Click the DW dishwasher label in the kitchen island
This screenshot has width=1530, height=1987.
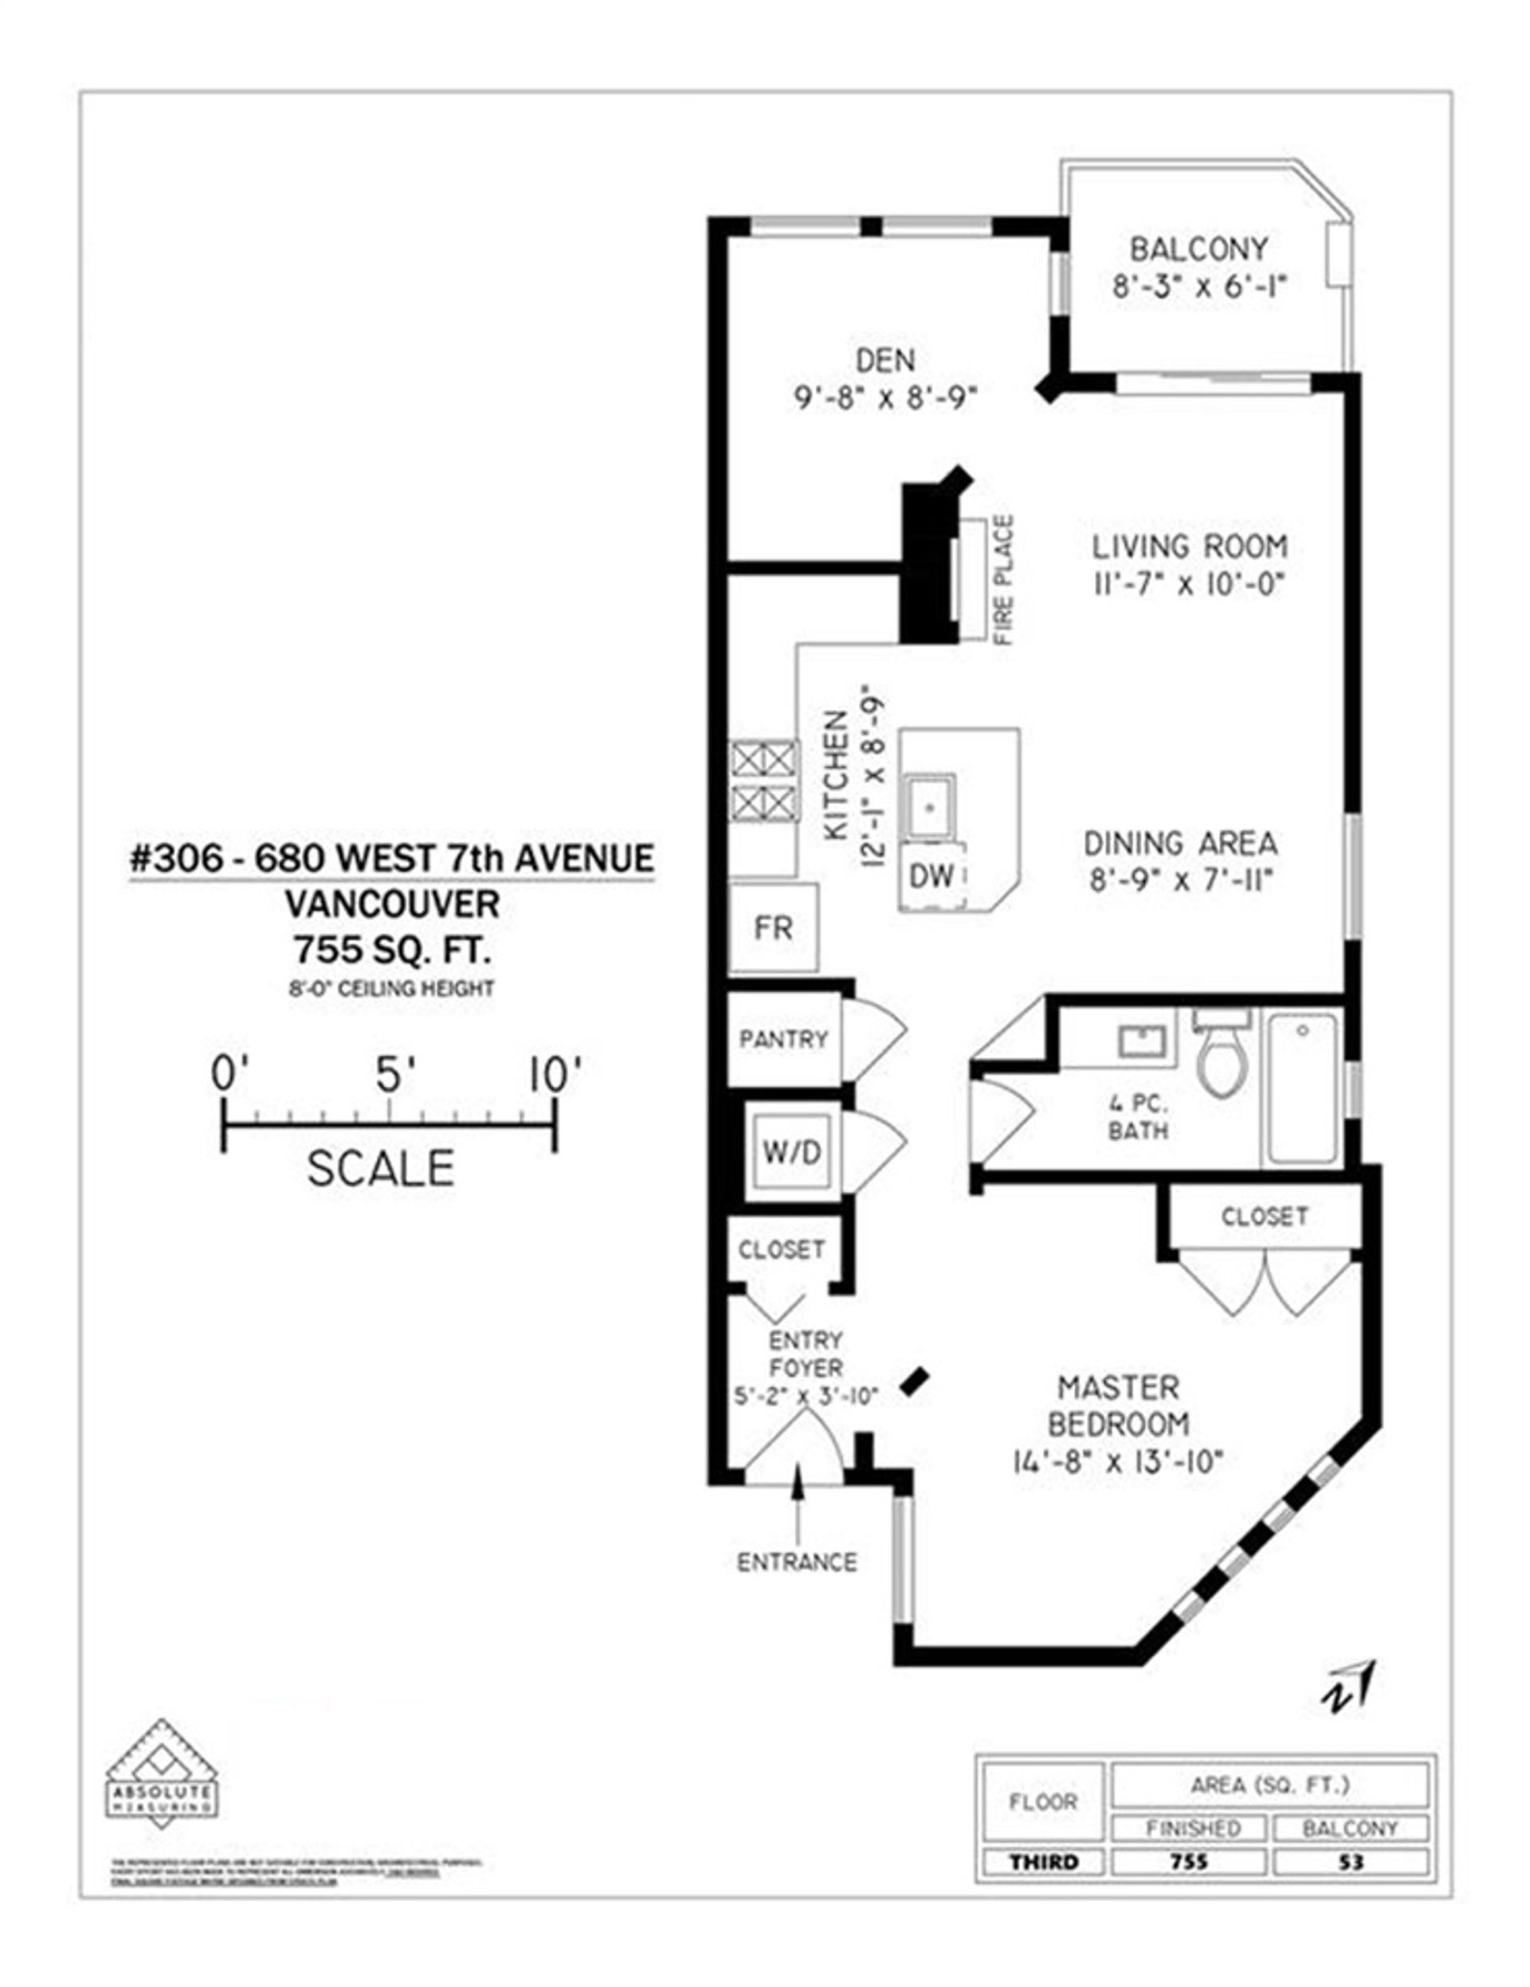coord(931,876)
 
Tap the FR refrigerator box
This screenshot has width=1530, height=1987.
coord(773,928)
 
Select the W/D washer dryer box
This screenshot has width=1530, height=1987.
coord(791,1153)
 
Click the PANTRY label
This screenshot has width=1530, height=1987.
coord(783,1039)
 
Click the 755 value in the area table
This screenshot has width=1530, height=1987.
coord(1189,1861)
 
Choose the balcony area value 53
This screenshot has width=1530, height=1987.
coord(1351,1861)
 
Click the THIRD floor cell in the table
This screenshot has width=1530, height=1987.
coord(1042,1861)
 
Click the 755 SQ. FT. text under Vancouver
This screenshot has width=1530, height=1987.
coord(391,950)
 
